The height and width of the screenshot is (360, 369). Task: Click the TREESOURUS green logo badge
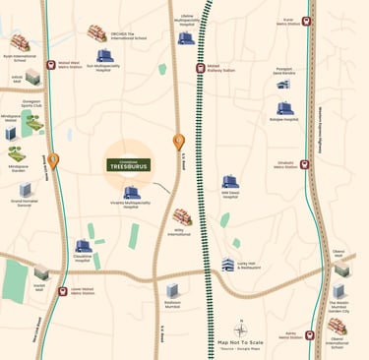128,165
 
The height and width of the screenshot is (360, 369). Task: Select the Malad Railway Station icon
200,69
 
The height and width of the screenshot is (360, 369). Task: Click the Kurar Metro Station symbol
310,18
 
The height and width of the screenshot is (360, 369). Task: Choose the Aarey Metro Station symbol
310,334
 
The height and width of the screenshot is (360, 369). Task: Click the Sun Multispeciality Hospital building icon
104,57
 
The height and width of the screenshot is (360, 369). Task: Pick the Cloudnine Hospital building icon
83,246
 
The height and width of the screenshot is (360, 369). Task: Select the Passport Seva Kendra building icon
284,84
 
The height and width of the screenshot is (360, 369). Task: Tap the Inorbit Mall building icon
41,273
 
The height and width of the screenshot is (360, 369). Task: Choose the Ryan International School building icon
20,43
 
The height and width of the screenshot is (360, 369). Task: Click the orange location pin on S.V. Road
179,143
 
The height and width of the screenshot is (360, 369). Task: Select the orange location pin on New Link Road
53,160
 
